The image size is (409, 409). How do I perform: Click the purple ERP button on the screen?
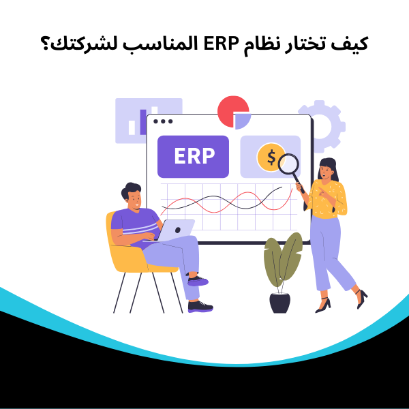[x=194, y=156]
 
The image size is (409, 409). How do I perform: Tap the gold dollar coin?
[x=271, y=157]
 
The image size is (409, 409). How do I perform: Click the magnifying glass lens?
[x=289, y=164]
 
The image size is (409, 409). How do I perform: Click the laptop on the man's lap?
[x=175, y=230]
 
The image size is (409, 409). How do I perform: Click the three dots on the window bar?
[x=163, y=121]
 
